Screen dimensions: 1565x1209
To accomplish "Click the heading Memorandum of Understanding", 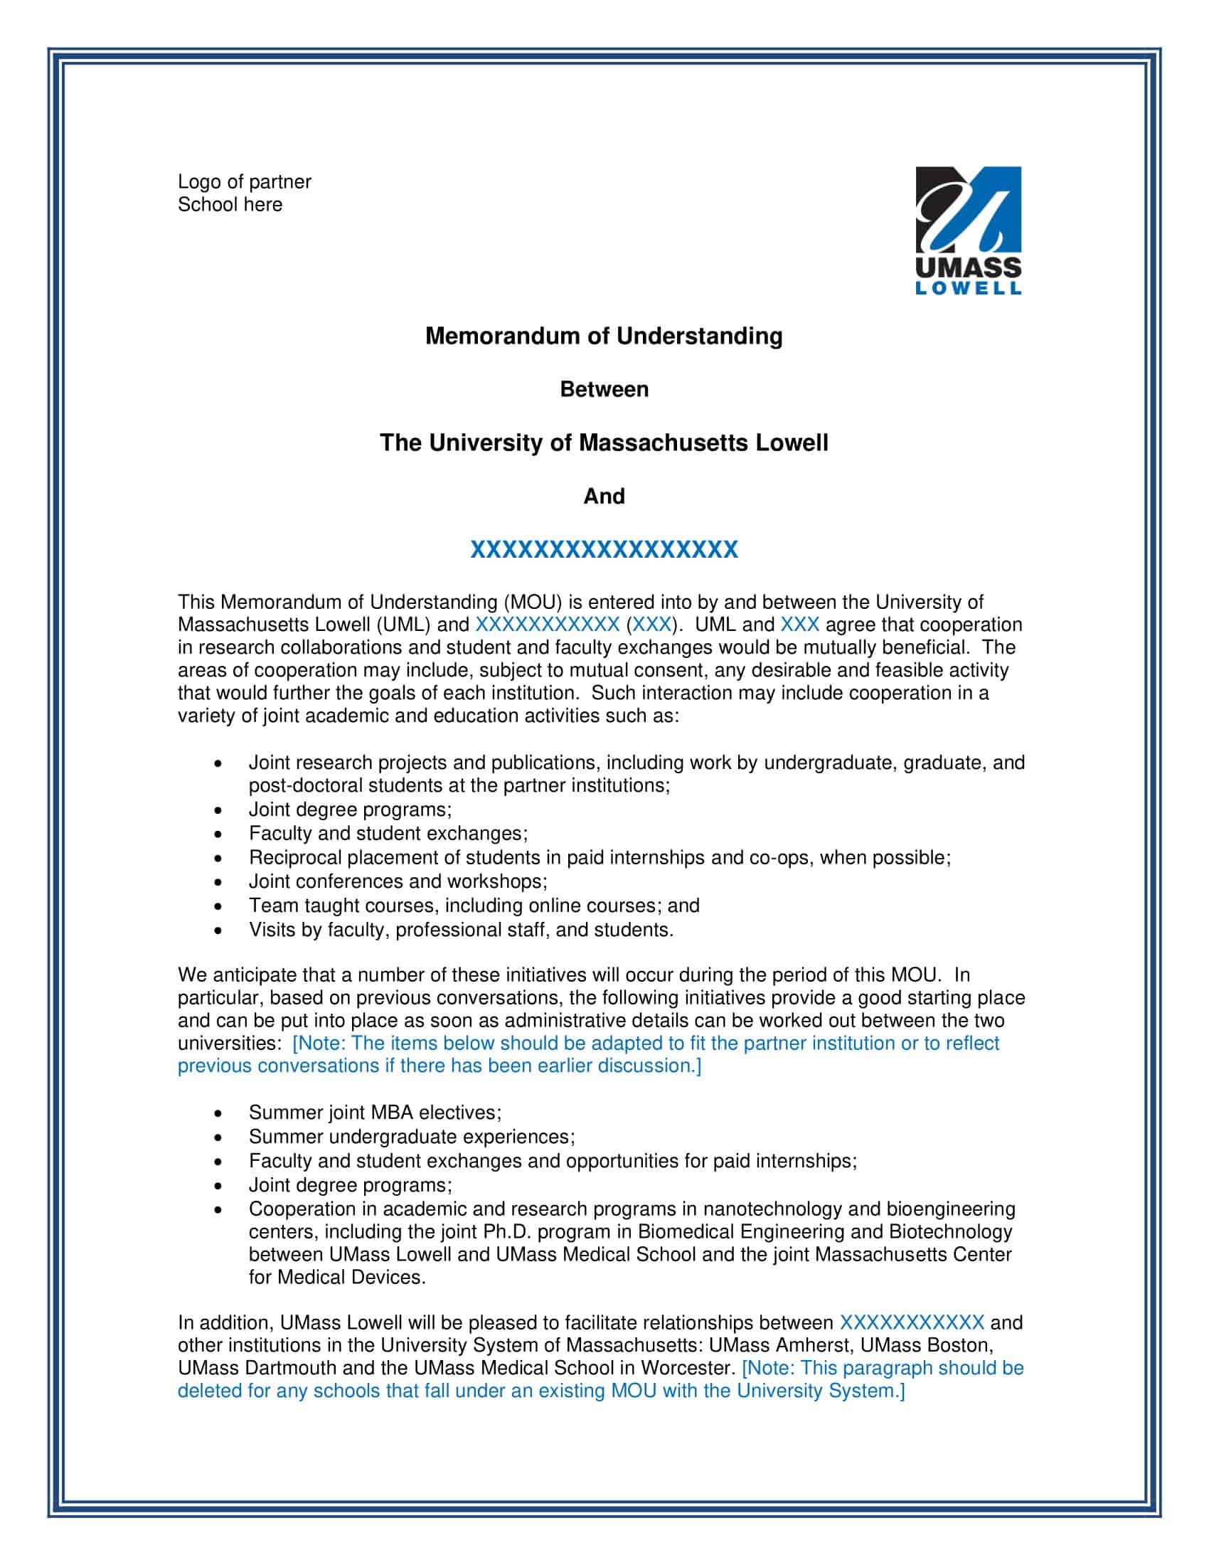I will tap(604, 336).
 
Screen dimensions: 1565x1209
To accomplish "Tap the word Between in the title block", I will tap(604, 390).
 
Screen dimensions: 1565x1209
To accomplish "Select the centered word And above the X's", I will tap(604, 497).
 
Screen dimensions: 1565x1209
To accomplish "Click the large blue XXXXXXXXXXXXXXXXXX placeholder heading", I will tap(604, 551).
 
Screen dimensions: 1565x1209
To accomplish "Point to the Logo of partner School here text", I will tap(243, 193).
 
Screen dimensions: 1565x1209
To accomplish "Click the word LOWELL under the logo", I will tap(969, 289).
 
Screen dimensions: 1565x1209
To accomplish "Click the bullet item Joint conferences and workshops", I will tap(398, 881).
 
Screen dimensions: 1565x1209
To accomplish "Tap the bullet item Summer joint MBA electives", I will tap(375, 1113).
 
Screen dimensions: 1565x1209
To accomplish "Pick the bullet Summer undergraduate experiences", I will tap(412, 1137).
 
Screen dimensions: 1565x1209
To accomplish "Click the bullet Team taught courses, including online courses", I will tap(474, 906).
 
